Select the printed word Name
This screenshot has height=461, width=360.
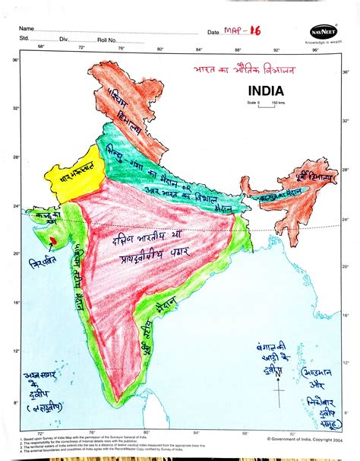coord(28,27)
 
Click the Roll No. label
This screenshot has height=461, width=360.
coord(106,38)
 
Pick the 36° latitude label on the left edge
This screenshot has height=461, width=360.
coord(15,59)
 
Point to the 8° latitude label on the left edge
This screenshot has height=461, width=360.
coord(15,403)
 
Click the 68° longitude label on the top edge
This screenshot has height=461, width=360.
coord(41,47)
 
